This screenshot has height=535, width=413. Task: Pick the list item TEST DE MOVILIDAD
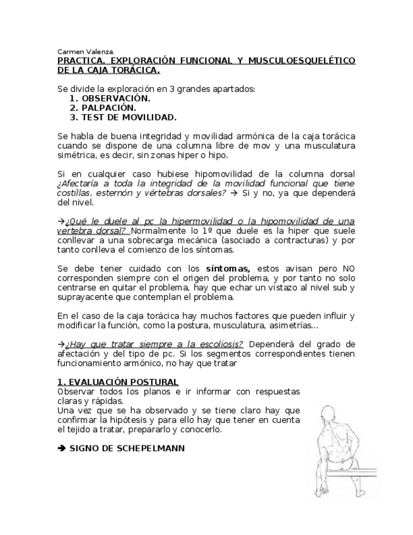point(124,117)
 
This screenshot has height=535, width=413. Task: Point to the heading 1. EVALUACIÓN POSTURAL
point(118,382)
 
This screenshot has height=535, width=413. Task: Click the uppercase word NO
point(349,268)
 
